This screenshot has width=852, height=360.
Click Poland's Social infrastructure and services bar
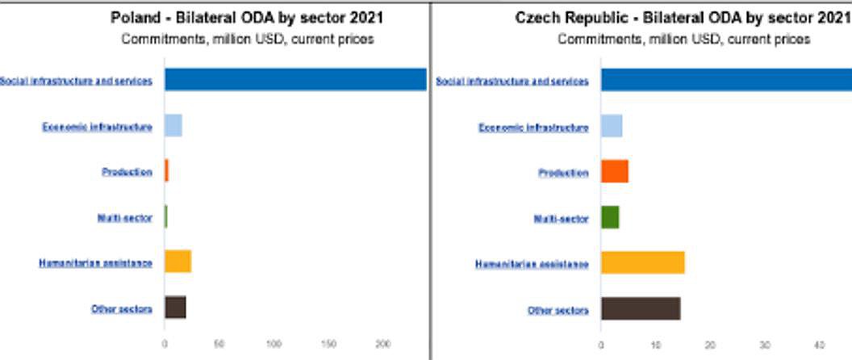295,80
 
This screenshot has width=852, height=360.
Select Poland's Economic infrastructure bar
173,126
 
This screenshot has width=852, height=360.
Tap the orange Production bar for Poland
166,171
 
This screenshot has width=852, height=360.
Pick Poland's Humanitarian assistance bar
177,262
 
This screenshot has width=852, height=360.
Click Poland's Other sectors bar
175,308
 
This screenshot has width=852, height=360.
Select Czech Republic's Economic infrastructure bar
612,126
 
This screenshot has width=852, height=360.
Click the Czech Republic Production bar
615,171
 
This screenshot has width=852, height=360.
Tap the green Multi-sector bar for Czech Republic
610,217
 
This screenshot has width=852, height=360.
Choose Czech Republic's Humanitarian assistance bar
642,262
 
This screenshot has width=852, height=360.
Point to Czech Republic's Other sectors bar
641,308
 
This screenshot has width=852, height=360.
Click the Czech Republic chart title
683,19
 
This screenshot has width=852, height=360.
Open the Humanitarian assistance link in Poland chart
95,263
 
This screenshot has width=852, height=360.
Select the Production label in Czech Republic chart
563,173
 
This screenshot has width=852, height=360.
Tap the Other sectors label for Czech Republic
558,310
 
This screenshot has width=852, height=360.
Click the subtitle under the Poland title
247,40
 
